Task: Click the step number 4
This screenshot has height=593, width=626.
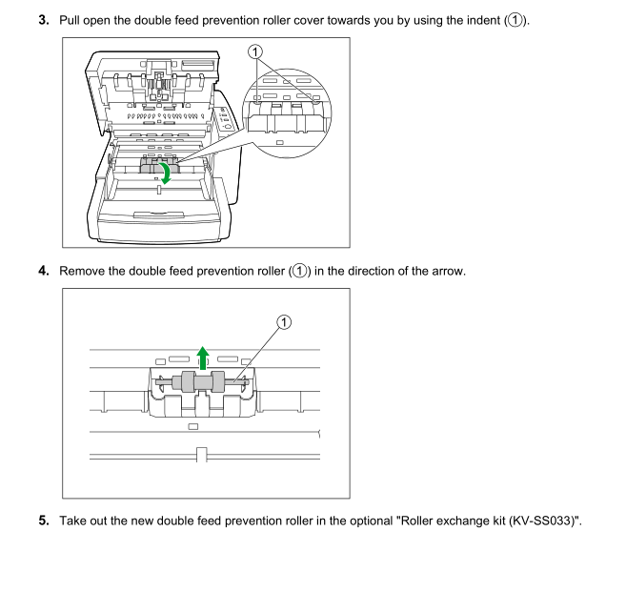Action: [x=44, y=273]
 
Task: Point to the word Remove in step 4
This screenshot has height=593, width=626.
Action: [x=85, y=273]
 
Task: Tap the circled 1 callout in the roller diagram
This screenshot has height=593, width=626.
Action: [x=283, y=322]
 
